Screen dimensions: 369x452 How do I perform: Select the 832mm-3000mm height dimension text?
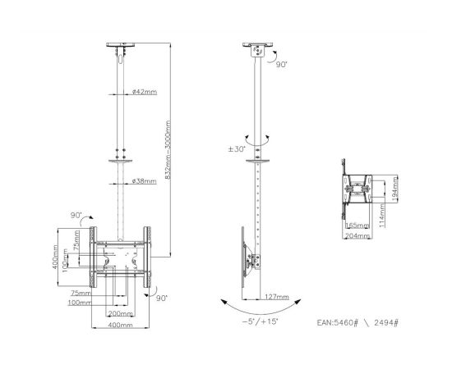pyautogui.click(x=169, y=148)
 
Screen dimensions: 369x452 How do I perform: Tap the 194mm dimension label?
pyautogui.click(x=394, y=190)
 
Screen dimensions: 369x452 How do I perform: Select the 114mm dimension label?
pyautogui.click(x=383, y=215)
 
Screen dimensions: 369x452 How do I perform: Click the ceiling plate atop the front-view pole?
pyautogui.click(x=122, y=47)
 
